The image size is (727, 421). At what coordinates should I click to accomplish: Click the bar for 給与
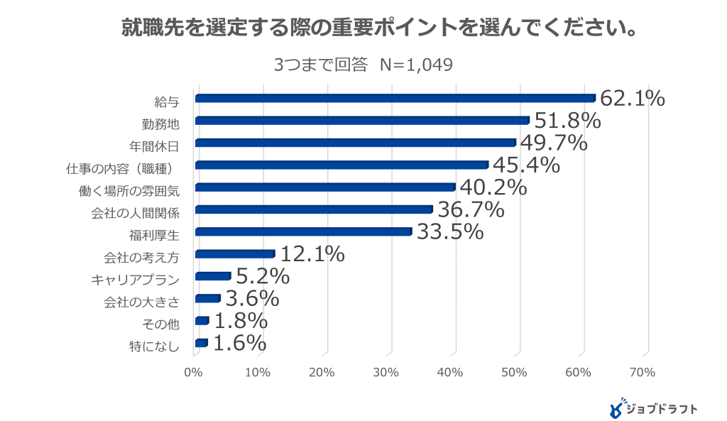pyautogui.click(x=395, y=98)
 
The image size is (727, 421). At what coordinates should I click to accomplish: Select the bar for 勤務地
pyautogui.click(x=362, y=121)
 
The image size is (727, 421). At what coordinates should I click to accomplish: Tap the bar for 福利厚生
pyautogui.click(x=303, y=231)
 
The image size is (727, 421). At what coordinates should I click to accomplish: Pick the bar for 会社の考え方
pyautogui.click(x=234, y=254)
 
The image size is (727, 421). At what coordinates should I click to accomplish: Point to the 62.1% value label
pyautogui.click(x=632, y=99)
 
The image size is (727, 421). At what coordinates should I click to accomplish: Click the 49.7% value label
pyautogui.click(x=554, y=143)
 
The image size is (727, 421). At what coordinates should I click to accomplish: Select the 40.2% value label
pyautogui.click(x=493, y=187)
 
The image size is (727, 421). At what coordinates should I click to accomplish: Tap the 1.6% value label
pyautogui.click(x=239, y=344)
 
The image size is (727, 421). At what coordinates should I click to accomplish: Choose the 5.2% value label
pyautogui.click(x=262, y=276)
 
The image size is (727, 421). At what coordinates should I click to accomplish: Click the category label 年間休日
pyautogui.click(x=154, y=146)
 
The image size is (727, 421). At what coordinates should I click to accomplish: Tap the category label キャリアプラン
pyautogui.click(x=135, y=280)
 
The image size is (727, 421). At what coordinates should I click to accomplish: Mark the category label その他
pyautogui.click(x=161, y=324)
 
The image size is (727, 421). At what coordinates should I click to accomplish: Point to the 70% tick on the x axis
pyautogui.click(x=643, y=372)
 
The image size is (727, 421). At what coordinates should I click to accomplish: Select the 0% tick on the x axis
pyautogui.click(x=193, y=372)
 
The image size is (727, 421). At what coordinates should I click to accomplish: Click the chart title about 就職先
pyautogui.click(x=363, y=29)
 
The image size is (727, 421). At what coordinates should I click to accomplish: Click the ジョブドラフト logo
pyautogui.click(x=654, y=408)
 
